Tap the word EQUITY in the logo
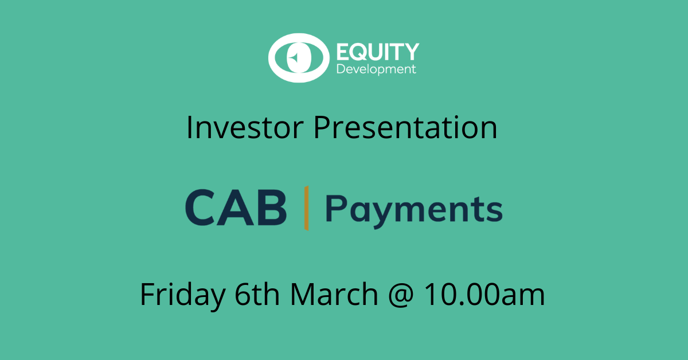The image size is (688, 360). point(377,52)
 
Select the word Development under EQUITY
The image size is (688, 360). point(376,70)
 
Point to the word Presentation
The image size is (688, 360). point(405,128)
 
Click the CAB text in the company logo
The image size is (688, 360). point(236,208)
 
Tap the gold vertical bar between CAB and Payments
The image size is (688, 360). point(307,208)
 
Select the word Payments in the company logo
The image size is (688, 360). point(413,210)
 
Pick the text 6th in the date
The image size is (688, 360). point(258,295)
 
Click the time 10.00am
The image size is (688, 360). point(484,295)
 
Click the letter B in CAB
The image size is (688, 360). point(269,208)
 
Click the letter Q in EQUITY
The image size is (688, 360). point(359,53)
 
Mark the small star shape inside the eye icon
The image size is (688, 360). point(293,58)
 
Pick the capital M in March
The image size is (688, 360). point(302,295)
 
